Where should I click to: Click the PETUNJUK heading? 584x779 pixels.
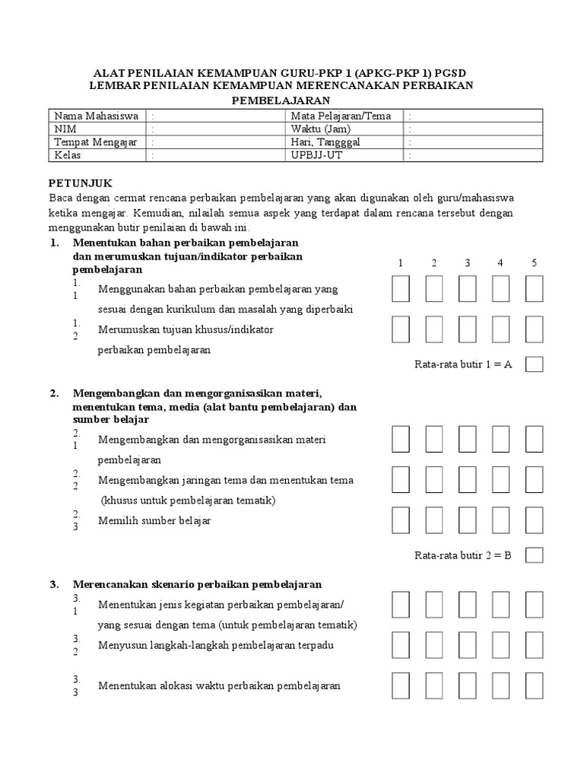81,183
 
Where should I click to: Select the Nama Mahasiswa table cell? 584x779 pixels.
96,116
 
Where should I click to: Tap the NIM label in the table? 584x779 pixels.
65,129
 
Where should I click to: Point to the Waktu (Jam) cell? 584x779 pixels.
316,129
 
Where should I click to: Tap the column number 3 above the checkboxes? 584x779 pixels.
467,263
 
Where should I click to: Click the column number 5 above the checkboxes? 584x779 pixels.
534,263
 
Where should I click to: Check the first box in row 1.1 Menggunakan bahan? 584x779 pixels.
401,289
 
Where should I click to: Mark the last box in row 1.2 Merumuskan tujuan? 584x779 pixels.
534,329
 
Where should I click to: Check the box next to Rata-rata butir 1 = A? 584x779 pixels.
534,364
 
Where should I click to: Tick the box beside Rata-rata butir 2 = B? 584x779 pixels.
534,555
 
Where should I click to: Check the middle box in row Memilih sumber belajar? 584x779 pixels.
467,520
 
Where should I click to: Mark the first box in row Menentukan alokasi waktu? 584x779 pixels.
401,685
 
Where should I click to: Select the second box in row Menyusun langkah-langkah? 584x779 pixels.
434,644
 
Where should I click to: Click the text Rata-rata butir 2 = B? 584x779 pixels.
463,555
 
